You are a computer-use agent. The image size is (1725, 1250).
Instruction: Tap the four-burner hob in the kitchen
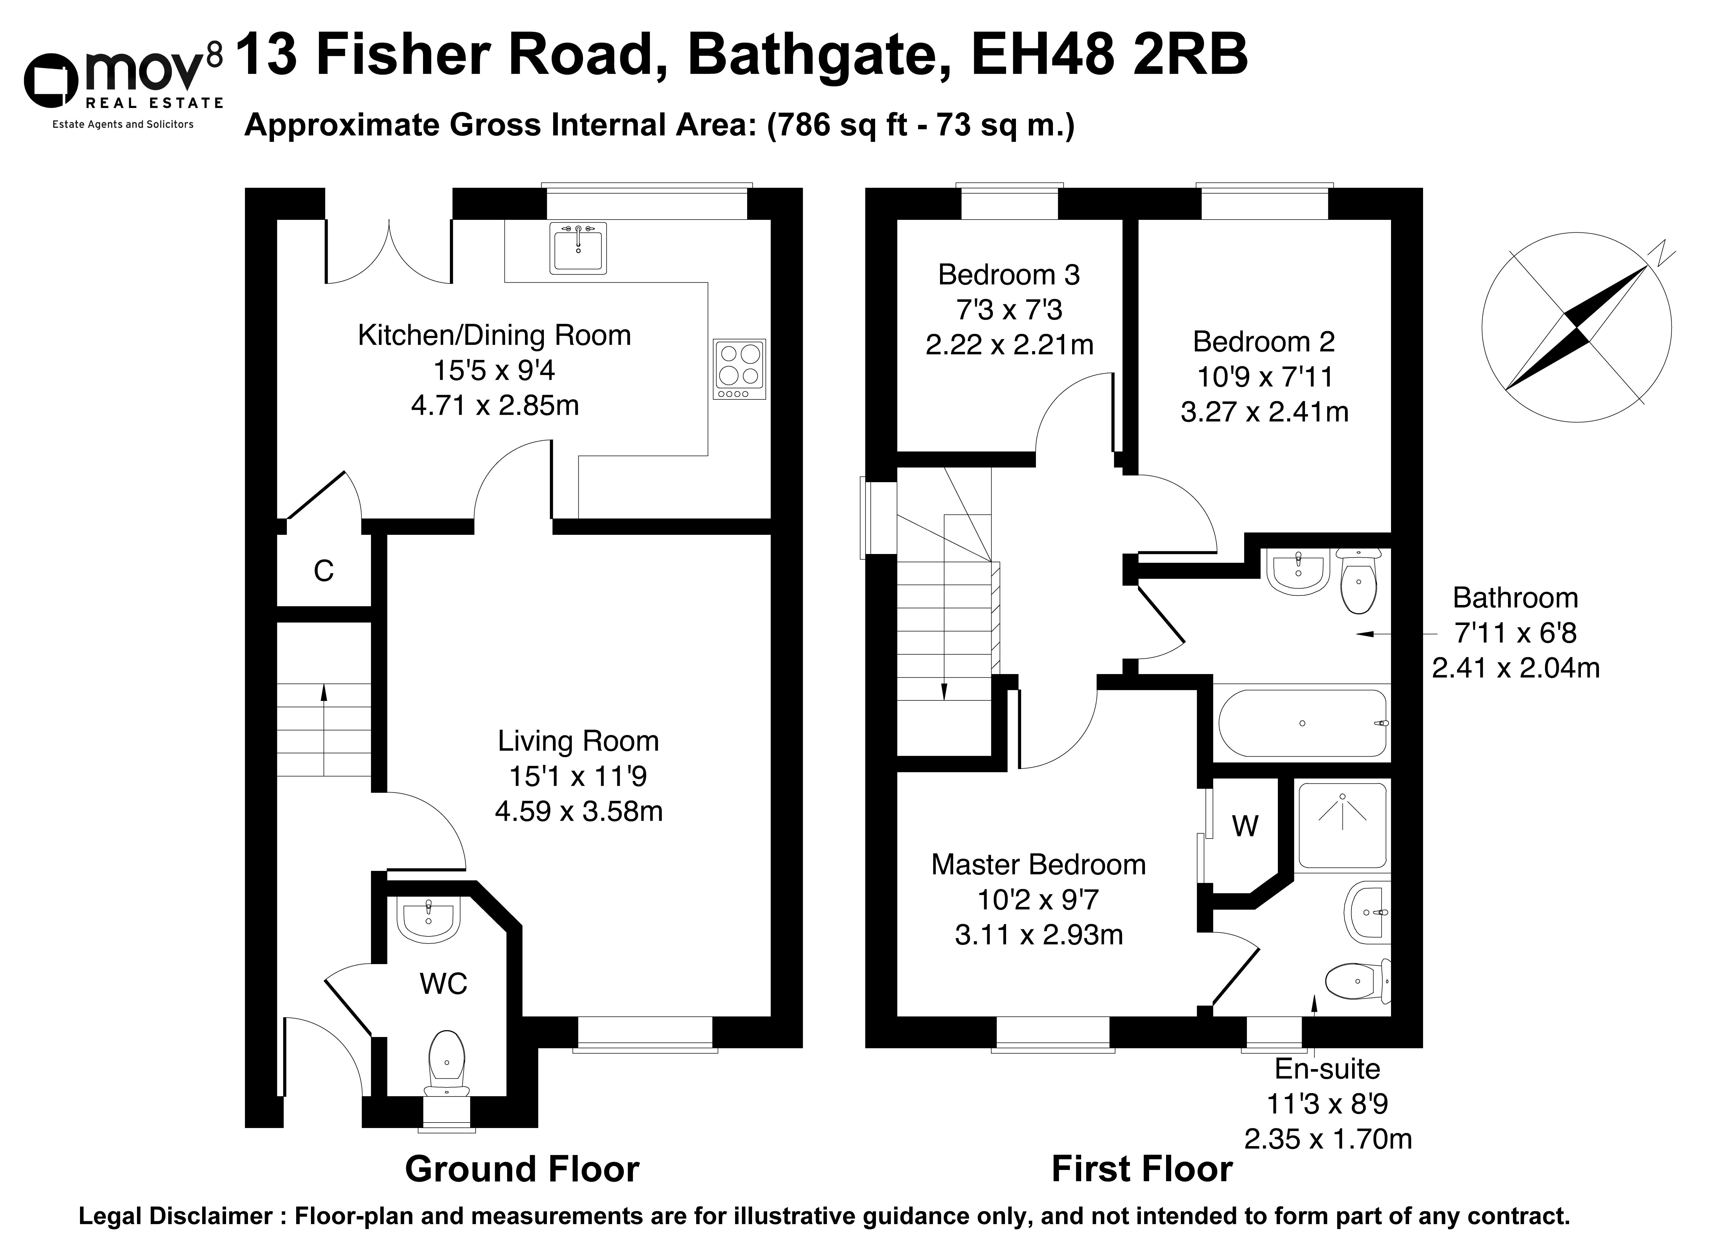(x=739, y=369)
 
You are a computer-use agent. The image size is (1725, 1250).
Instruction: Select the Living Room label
(x=578, y=741)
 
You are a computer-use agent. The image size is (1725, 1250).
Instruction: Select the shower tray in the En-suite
(x=1343, y=825)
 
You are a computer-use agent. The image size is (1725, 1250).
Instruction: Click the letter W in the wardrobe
(x=1245, y=826)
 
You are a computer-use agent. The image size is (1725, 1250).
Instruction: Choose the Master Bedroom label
(x=1038, y=865)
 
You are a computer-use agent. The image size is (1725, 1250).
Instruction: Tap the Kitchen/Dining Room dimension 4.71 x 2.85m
(x=494, y=405)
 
